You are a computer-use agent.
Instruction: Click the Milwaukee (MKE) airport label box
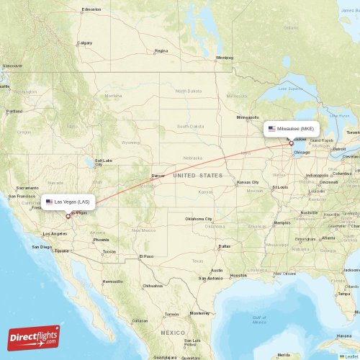[x=291, y=129]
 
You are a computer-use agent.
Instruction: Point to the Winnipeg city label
[x=225, y=58]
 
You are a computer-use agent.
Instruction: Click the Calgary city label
[x=85, y=42]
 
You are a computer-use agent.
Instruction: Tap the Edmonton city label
[x=91, y=9]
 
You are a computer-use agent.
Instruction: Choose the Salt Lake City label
[x=104, y=162]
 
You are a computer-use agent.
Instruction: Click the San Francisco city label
[x=22, y=197]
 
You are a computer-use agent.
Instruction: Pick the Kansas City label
[x=247, y=183]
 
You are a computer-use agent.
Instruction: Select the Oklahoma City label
[x=199, y=219]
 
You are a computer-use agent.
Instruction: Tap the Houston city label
[x=238, y=275]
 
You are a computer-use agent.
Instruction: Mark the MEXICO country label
[x=173, y=333]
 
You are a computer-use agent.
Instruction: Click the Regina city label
[x=161, y=51]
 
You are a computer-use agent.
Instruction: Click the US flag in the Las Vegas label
[x=49, y=202]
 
